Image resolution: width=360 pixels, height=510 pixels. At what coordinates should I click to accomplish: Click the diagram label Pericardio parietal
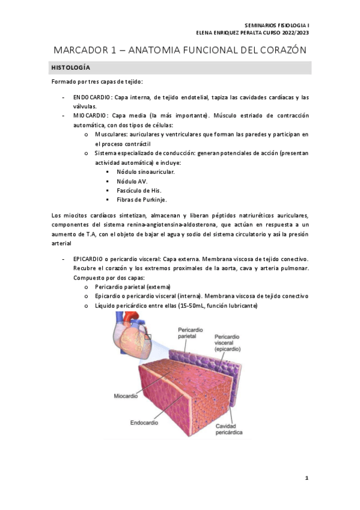(191, 334)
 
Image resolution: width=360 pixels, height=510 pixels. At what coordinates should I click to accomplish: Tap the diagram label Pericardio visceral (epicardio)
(228, 343)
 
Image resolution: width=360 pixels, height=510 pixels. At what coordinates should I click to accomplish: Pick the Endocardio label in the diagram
(145, 423)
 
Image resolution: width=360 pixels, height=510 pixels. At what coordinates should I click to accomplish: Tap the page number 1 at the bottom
(306, 478)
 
